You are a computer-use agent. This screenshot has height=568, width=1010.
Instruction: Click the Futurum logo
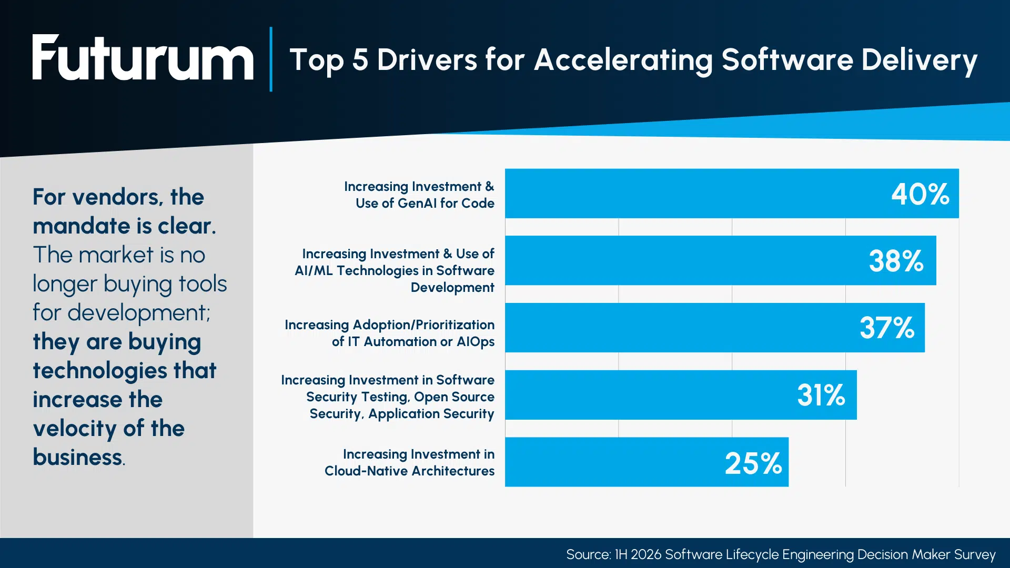[143, 58]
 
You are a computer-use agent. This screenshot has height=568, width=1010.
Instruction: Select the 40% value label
[920, 194]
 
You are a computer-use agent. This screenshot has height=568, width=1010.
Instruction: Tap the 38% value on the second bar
[896, 261]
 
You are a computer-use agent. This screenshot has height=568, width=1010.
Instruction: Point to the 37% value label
[887, 328]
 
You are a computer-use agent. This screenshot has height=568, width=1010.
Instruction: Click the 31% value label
[821, 395]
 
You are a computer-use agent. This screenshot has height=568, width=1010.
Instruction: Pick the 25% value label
[753, 463]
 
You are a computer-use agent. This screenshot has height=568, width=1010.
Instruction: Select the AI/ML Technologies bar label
[395, 270]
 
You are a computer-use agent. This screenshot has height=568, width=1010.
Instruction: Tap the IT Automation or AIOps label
[389, 333]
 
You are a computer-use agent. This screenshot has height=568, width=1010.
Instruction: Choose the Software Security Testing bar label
[388, 397]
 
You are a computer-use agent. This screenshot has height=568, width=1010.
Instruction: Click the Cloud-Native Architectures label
[409, 462]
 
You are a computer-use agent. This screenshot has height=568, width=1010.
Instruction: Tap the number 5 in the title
[360, 59]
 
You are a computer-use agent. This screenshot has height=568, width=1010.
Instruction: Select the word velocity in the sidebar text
[75, 429]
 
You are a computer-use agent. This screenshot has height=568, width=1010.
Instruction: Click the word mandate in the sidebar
[82, 226]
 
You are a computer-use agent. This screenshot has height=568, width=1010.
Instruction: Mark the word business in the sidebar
[77, 457]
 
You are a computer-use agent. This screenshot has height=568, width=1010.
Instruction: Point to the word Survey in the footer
[975, 555]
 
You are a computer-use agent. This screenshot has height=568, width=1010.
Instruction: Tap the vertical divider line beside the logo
[271, 59]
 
